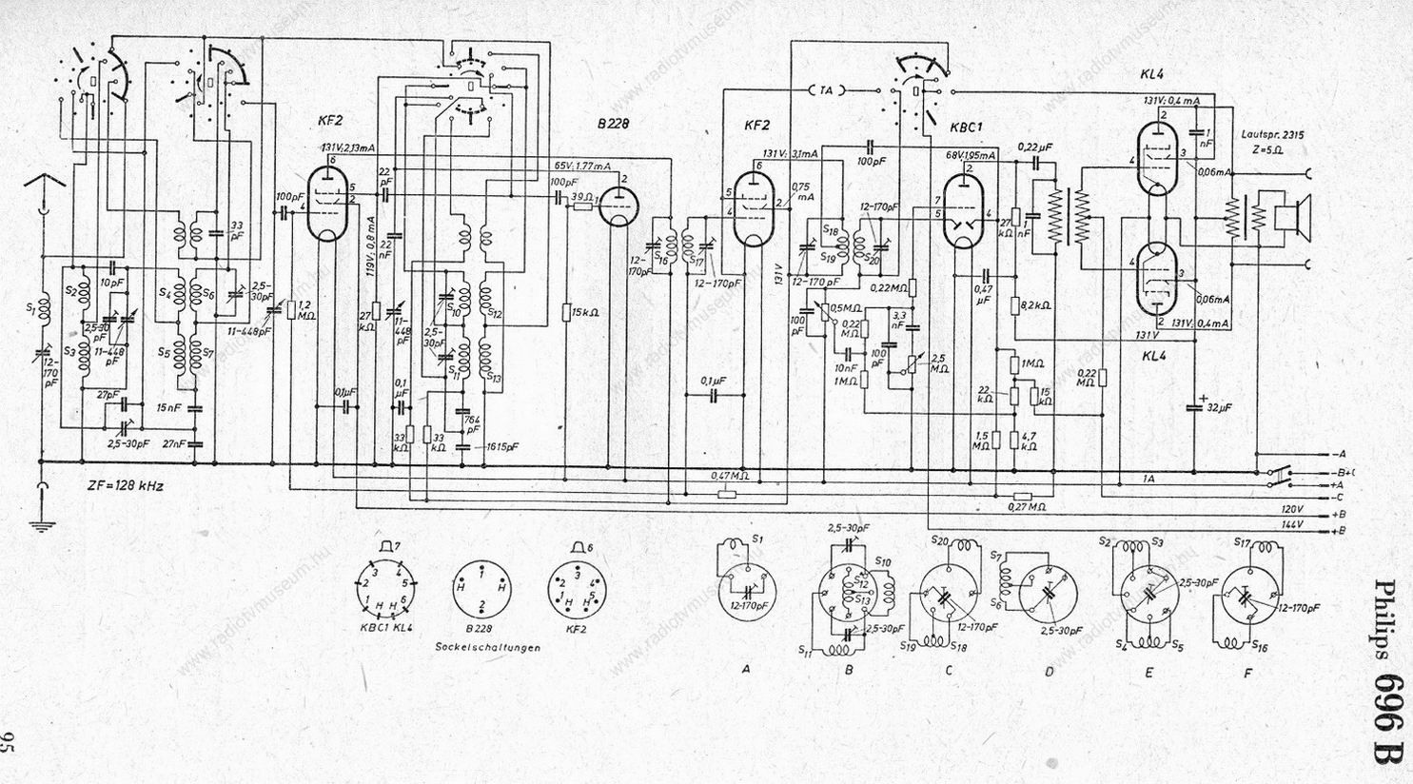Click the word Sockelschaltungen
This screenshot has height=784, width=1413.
(x=487, y=647)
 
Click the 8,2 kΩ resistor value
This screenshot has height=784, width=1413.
(x=1034, y=306)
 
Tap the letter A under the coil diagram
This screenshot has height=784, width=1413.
(x=746, y=669)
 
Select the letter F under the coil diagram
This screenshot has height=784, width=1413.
(x=1247, y=672)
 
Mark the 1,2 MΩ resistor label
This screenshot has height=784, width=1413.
(x=304, y=305)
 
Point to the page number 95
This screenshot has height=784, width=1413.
(x=10, y=743)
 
